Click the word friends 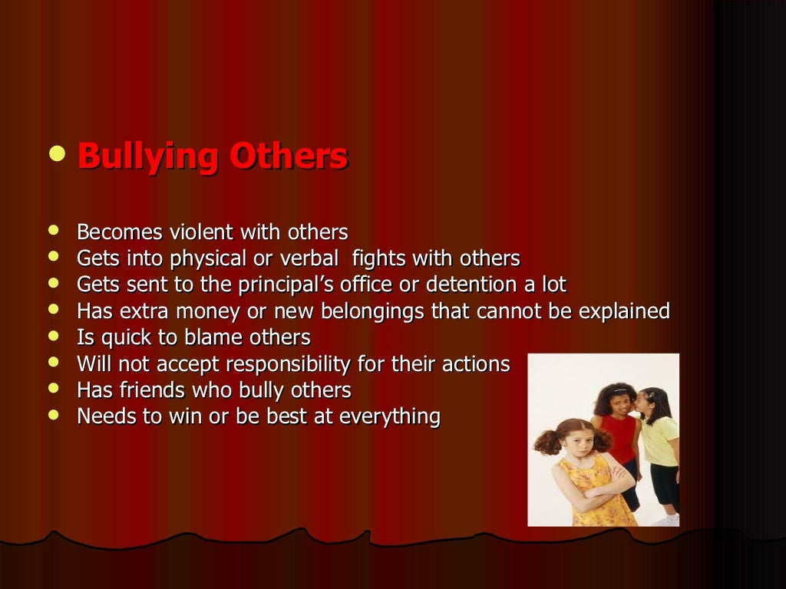coord(150,390)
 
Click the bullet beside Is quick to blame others coord(53,336)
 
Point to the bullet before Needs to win coord(53,416)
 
